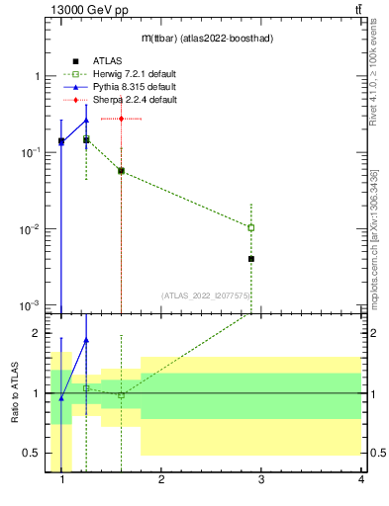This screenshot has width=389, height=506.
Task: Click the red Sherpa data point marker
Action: point(121,119)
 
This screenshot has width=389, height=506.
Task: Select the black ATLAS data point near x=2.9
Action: point(251,259)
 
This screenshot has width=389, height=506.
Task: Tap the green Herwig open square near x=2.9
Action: point(251,227)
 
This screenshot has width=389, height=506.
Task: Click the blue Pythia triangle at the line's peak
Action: point(86,121)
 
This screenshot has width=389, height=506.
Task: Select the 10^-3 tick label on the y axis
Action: point(30,305)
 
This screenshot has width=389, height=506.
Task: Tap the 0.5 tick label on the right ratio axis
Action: point(375,454)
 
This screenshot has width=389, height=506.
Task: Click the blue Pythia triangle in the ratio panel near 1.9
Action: point(86,339)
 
